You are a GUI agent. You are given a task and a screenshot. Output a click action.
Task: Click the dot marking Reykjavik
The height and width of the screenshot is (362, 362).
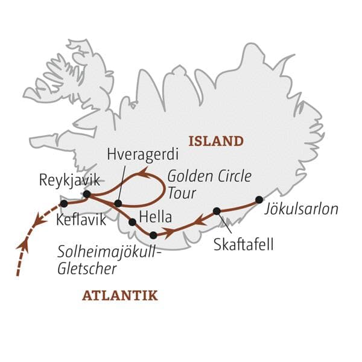[87, 194]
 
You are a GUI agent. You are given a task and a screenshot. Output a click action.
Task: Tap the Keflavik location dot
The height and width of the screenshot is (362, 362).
[64, 203]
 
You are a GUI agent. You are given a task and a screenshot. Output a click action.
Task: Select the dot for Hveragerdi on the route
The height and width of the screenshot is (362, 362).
[118, 203]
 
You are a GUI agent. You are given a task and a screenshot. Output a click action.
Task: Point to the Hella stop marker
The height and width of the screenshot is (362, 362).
[132, 222]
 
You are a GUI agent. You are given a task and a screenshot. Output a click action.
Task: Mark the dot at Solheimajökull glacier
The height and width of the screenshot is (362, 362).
[153, 235]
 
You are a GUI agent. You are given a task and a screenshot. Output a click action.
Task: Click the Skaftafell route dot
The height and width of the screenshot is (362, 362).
[217, 211]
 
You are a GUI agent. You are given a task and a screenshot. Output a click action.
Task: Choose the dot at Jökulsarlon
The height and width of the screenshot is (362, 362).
[259, 200]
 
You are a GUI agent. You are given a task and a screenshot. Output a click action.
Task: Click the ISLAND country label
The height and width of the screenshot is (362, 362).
[216, 142]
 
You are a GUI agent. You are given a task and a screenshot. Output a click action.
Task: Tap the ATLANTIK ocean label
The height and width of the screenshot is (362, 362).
[119, 296]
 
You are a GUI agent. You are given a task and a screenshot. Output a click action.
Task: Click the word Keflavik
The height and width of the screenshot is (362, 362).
[81, 220]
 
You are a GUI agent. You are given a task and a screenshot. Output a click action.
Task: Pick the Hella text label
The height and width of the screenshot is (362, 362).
[155, 217]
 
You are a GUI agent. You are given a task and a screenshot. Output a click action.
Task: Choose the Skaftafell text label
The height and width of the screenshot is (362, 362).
[243, 245]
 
